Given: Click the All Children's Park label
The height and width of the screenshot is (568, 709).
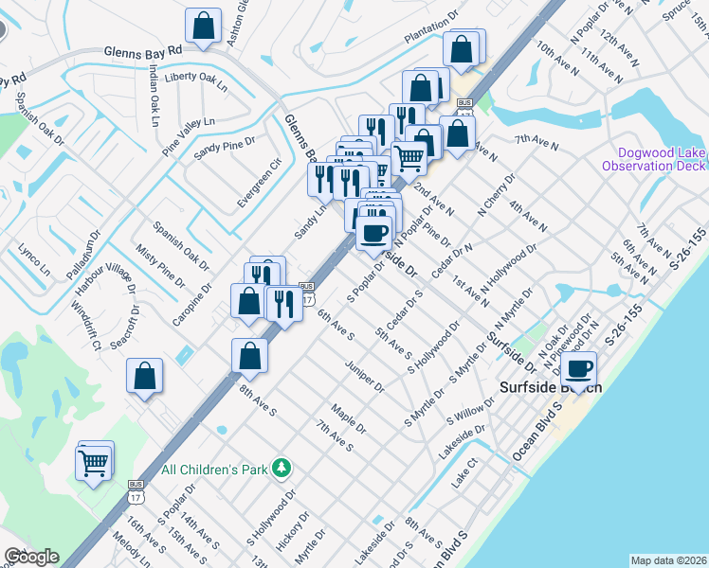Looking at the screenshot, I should pyautogui.click(x=215, y=469).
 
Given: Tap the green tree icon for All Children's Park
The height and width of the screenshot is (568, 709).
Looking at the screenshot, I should pyautogui.click(x=281, y=468).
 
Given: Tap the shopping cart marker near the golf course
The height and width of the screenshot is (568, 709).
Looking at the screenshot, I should pyautogui.click(x=94, y=462).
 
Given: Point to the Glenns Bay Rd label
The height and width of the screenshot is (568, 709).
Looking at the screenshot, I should pyautogui.click(x=142, y=49).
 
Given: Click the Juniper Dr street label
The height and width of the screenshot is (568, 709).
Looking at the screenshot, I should pyautogui.click(x=365, y=375).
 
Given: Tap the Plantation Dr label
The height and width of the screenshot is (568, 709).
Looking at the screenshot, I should pyautogui.click(x=432, y=36).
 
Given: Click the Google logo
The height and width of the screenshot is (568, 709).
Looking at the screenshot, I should pyautogui.click(x=31, y=557).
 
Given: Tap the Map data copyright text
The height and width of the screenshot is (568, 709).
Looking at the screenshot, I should pyautogui.click(x=669, y=560).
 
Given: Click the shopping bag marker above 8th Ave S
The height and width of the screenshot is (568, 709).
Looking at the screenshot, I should pyautogui.click(x=249, y=356).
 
